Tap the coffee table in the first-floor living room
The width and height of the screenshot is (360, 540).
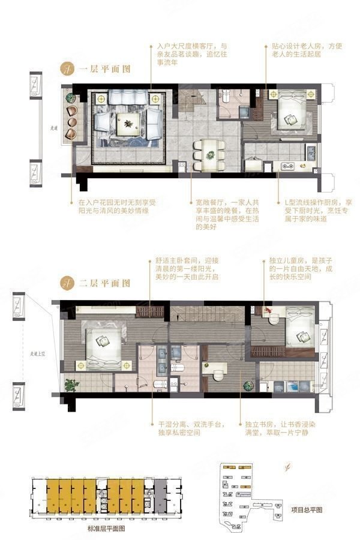(128, 123)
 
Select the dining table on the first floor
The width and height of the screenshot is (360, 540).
(211, 154)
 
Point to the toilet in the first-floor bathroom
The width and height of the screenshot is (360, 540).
(227, 98)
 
